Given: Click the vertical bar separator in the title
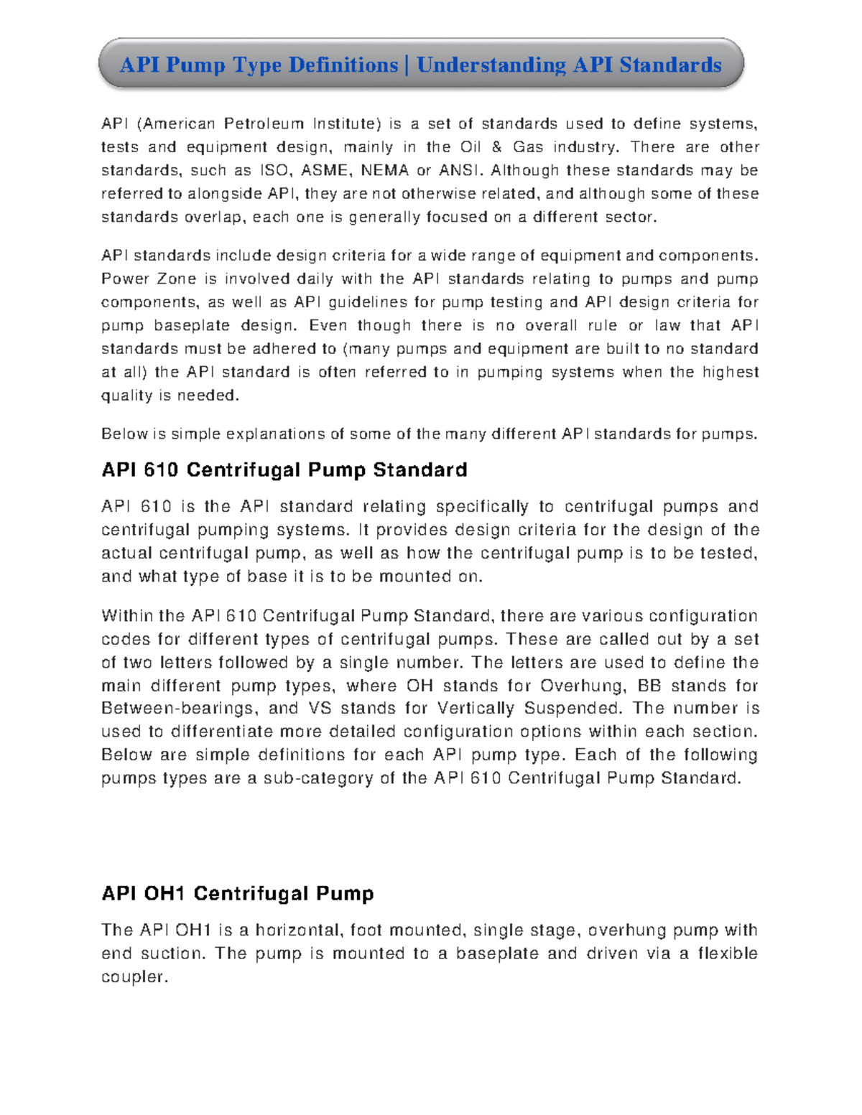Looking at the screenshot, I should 407,65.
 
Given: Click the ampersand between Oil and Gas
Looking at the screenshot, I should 497,147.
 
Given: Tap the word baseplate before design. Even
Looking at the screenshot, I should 192,325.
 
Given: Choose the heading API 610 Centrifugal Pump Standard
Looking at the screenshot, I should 284,470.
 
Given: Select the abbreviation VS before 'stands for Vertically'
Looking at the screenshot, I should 320,709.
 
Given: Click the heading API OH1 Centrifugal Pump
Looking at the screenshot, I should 238,894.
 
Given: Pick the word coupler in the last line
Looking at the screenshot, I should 134,977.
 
